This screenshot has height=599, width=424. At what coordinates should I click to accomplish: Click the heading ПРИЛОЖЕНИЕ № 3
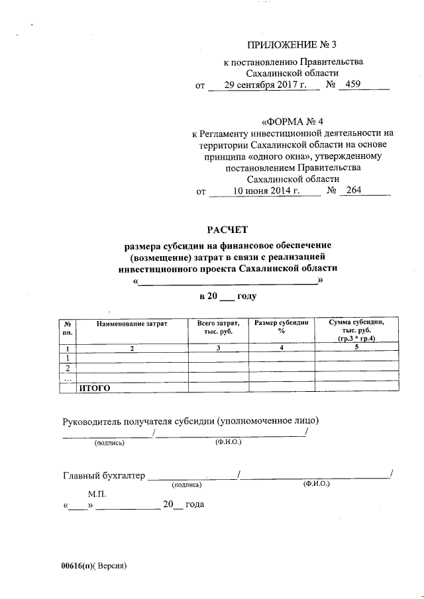[291, 45]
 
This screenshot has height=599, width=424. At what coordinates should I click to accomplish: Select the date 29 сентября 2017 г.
[263, 85]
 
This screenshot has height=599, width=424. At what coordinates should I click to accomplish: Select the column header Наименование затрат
[132, 323]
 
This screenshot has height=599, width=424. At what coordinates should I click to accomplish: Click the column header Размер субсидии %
[282, 327]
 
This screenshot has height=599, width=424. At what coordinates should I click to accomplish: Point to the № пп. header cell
[68, 327]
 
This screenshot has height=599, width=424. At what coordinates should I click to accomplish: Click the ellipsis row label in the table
[68, 379]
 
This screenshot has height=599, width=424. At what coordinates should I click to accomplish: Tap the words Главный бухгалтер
[103, 475]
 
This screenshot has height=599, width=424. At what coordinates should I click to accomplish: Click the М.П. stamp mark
[96, 494]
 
